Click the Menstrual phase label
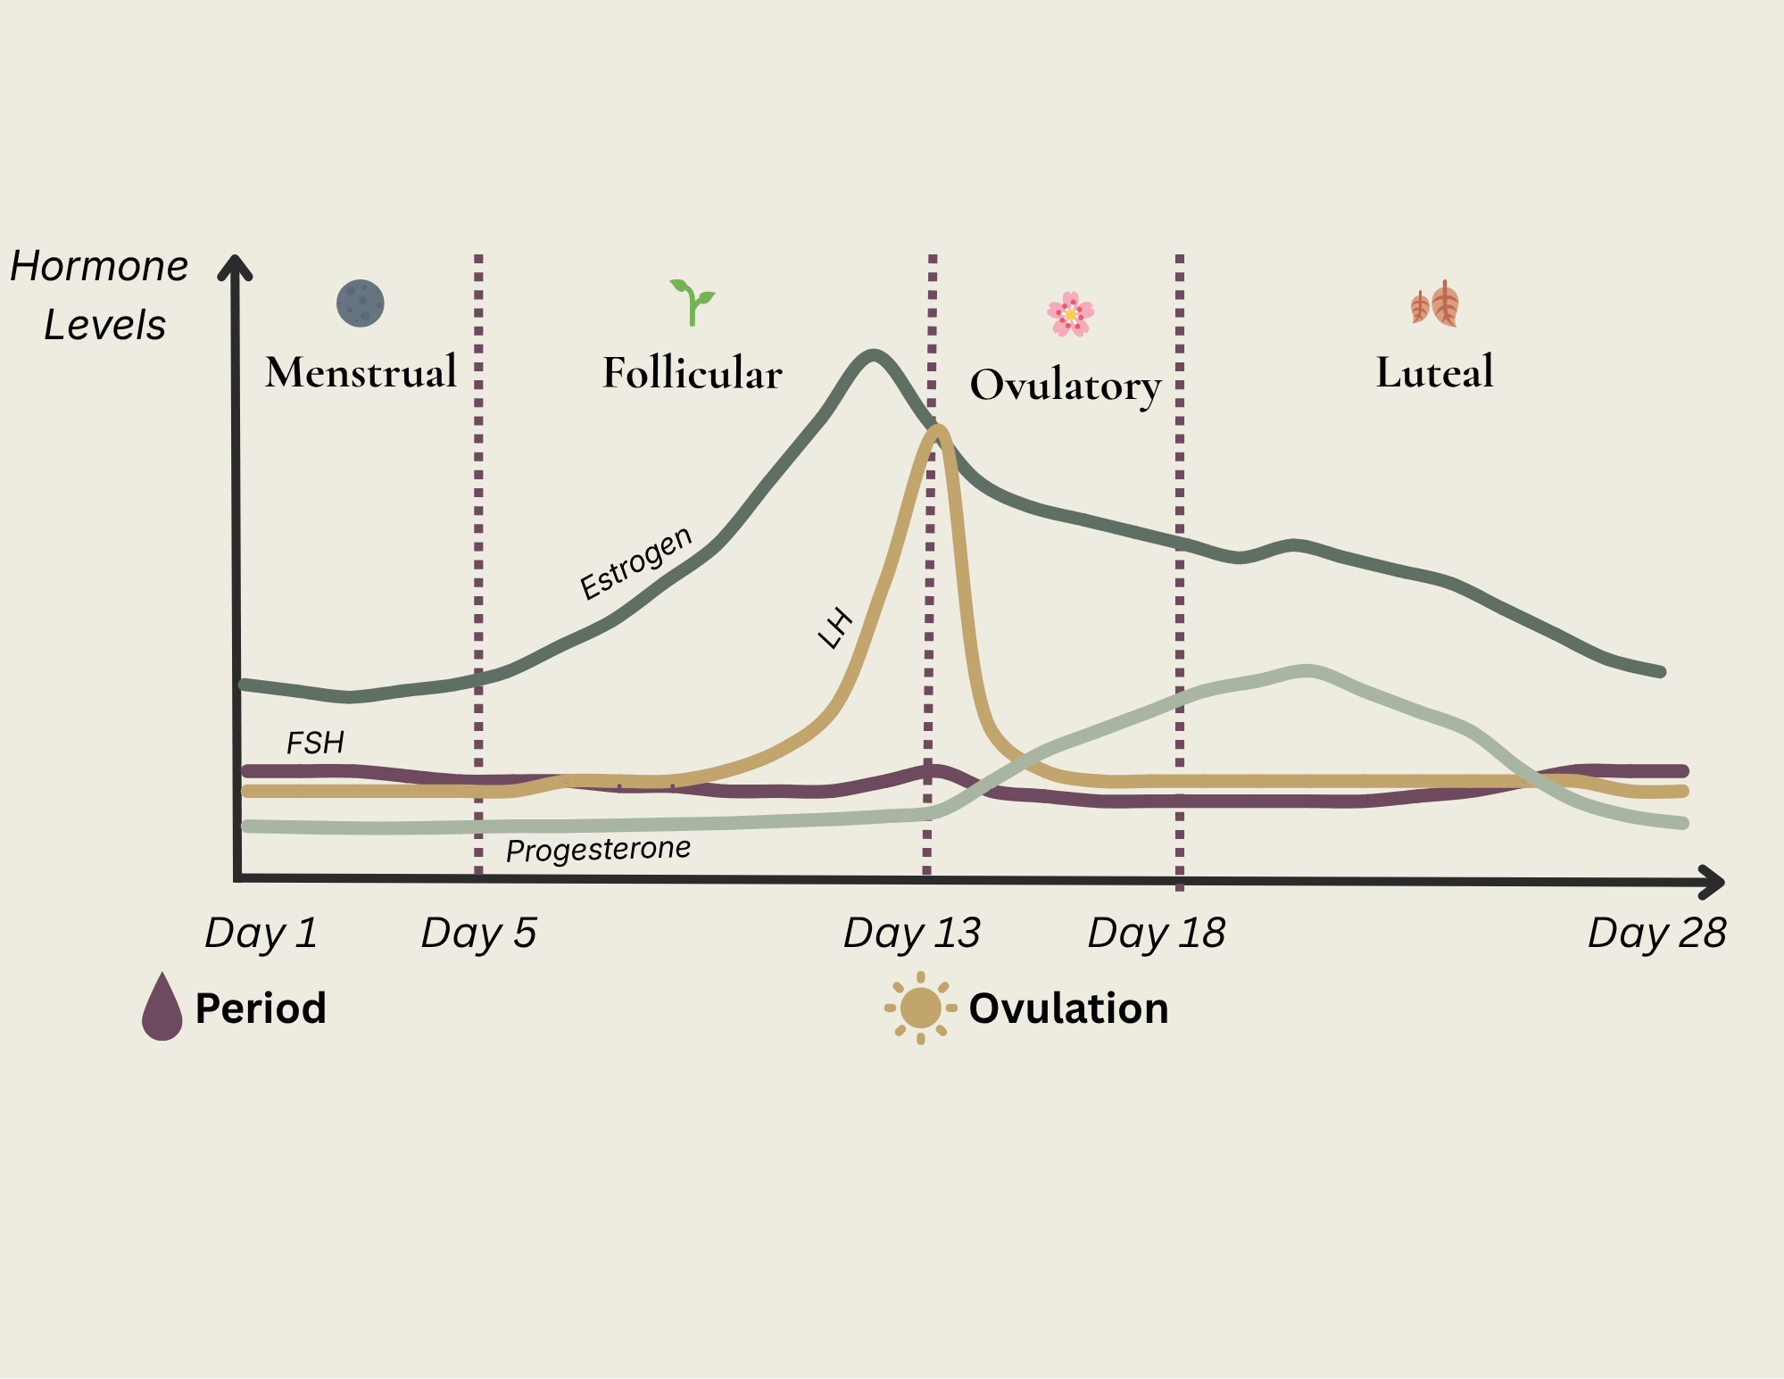tap(361, 371)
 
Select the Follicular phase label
tap(692, 373)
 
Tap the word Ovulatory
tap(1066, 386)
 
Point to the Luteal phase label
tap(1434, 372)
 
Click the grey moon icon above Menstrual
tap(361, 303)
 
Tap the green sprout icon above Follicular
tap(693, 302)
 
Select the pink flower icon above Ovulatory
tap(1070, 314)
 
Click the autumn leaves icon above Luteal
tap(1434, 304)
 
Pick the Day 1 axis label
tap(261, 934)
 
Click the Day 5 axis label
tap(478, 934)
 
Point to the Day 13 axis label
tap(911, 934)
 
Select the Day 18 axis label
tap(1156, 934)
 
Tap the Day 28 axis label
tap(1656, 934)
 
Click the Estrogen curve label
tap(635, 563)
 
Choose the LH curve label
tap(835, 628)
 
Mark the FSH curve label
tap(315, 743)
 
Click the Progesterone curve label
tap(598, 849)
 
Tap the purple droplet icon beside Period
tap(162, 1008)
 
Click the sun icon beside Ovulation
tap(920, 1008)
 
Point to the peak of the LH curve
tap(938, 430)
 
